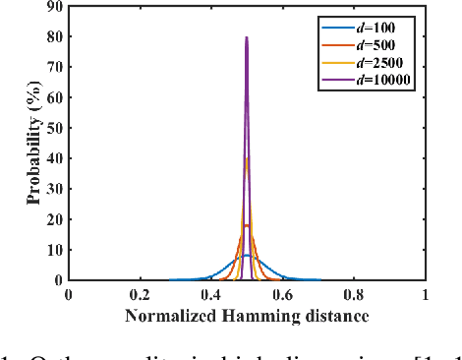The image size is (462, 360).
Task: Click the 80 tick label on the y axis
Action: pyautogui.click(x=54, y=38)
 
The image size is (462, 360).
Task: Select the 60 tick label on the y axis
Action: pyautogui.click(x=54, y=98)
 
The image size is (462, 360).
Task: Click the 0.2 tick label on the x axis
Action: pyautogui.click(x=140, y=294)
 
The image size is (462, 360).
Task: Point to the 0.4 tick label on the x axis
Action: pyautogui.click(x=210, y=294)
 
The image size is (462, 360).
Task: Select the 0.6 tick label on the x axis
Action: pyautogui.click(x=282, y=294)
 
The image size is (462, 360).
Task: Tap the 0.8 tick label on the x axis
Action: pyautogui.click(x=354, y=294)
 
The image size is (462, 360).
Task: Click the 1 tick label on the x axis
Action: pyautogui.click(x=425, y=294)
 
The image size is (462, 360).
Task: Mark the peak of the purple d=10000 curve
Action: pyautogui.click(x=247, y=38)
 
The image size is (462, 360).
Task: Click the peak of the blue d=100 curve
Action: pyautogui.click(x=247, y=255)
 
